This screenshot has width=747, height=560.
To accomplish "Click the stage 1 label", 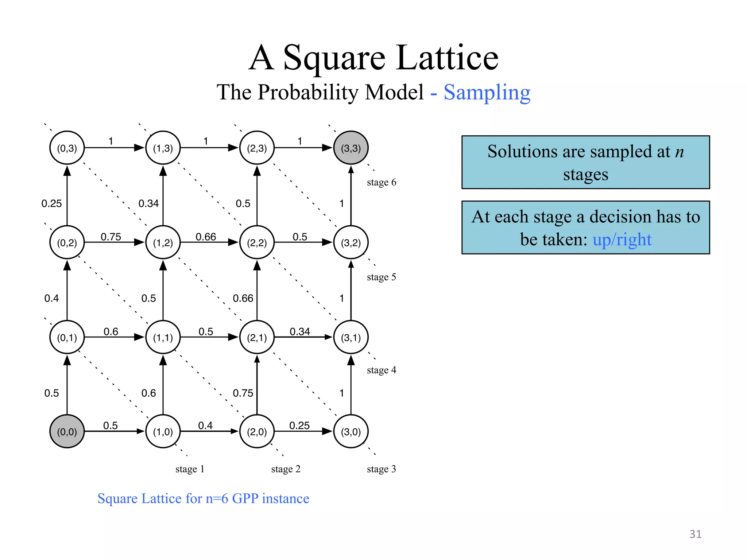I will tap(190, 469).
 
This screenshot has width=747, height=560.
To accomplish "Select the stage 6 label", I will tap(381, 182).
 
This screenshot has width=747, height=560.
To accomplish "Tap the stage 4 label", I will tap(381, 370).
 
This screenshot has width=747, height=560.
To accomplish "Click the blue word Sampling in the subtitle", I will tap(487, 93).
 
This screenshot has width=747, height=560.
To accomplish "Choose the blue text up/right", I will tap(622, 240).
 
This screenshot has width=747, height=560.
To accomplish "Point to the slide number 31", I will tap(695, 534).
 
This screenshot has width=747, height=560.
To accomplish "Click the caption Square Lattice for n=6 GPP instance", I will tap(203, 498).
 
